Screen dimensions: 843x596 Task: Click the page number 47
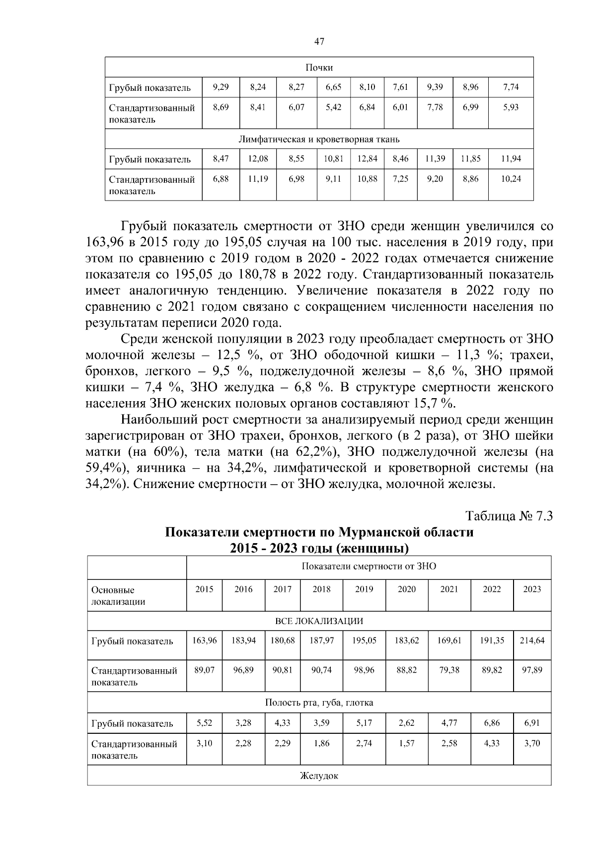319,42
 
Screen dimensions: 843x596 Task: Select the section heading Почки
319,68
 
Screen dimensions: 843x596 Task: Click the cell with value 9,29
221,87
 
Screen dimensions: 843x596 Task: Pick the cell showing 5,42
333,107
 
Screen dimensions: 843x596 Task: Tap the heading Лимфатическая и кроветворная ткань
319,139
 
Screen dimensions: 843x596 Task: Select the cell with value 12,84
367,159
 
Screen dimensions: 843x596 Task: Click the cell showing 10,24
511,179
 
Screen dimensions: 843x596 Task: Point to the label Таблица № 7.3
509,516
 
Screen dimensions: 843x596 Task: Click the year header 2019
364,589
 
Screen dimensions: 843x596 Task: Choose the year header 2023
532,589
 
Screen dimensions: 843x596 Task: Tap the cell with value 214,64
532,640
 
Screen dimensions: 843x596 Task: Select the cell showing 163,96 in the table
205,640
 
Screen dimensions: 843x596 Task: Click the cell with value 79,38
449,670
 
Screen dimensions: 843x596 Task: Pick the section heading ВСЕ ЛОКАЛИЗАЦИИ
319,621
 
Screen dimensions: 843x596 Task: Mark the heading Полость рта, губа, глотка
319,703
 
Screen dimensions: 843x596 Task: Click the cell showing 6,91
532,723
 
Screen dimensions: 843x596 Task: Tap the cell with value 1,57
406,743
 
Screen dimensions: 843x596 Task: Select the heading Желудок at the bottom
319,776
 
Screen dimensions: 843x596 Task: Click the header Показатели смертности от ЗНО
369,566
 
